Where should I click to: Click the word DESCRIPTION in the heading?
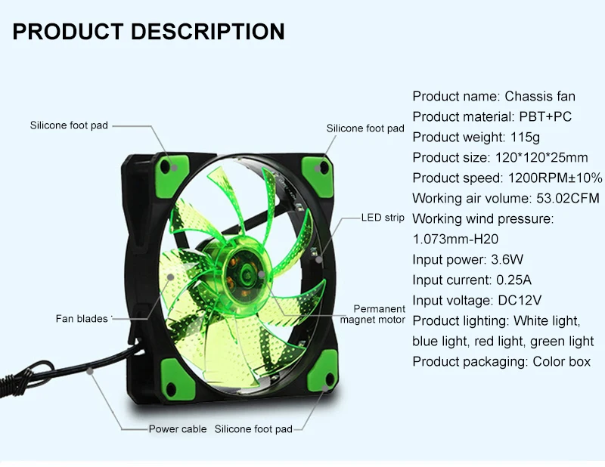[208, 32]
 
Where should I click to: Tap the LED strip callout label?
[383, 218]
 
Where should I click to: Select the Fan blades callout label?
[82, 318]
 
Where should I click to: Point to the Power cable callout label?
[178, 429]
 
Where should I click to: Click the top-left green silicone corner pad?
[171, 162]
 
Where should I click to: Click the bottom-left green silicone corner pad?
[175, 370]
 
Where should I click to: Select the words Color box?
[561, 362]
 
